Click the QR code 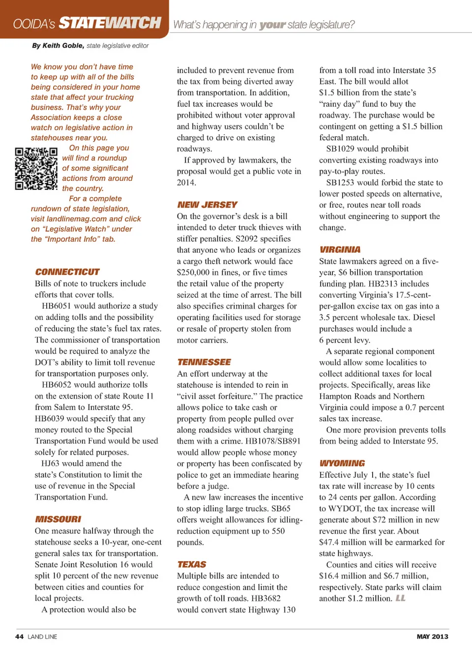coord(36,169)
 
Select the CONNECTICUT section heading coord(67,272)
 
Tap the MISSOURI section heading coord(58,519)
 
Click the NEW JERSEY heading coord(207,204)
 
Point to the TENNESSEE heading coord(204,362)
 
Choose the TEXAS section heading coord(192,564)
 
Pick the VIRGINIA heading coord(340,250)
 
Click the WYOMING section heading coord(342,463)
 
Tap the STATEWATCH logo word coord(110,23)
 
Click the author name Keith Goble coord(63,46)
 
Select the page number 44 coord(20,636)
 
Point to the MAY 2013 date coord(432,636)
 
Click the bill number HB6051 coord(57,306)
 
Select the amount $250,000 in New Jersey coord(194,272)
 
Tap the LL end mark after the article coord(401,598)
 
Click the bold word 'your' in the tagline coord(272,25)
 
